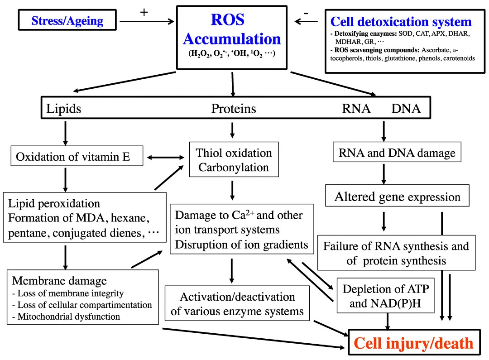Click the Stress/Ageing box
pyautogui.click(x=67, y=20)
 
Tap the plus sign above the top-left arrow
pyautogui.click(x=144, y=12)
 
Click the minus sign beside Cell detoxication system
pyautogui.click(x=306, y=13)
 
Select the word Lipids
pyautogui.click(x=64, y=109)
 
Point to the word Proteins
pyautogui.click(x=234, y=109)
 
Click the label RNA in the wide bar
pyautogui.click(x=356, y=109)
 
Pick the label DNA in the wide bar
pyautogui.click(x=406, y=109)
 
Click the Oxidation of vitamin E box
pyautogui.click(x=77, y=156)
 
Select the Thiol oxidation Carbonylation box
pyautogui.click(x=234, y=159)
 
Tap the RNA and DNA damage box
pyautogui.click(x=397, y=152)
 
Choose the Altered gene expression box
pyautogui.click(x=397, y=196)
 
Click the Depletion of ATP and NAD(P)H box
pyautogui.click(x=385, y=295)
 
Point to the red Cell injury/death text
pyautogui.click(x=413, y=343)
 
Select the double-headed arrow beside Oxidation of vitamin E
pyautogui.click(x=166, y=158)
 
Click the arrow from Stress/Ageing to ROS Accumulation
pyautogui.click(x=147, y=22)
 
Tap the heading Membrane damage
pyautogui.click(x=59, y=281)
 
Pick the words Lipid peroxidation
pyautogui.click(x=54, y=204)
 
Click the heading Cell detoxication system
pyautogui.click(x=401, y=22)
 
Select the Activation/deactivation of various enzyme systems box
pyautogui.click(x=237, y=303)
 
